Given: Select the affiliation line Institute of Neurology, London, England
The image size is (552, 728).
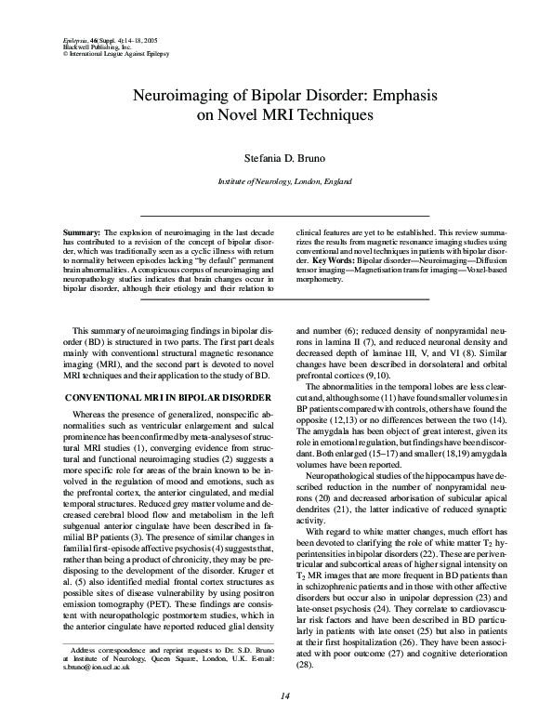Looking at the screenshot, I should coord(276,184).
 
